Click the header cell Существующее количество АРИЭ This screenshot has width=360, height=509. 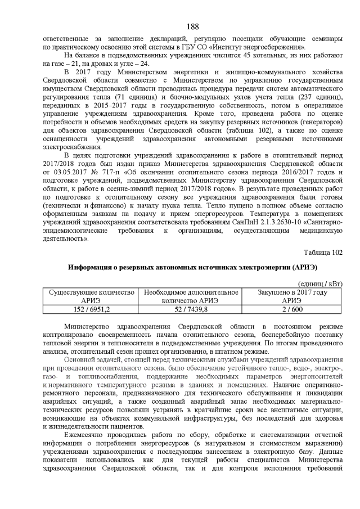[91, 296]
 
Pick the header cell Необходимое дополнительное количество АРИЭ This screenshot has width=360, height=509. [191, 296]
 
